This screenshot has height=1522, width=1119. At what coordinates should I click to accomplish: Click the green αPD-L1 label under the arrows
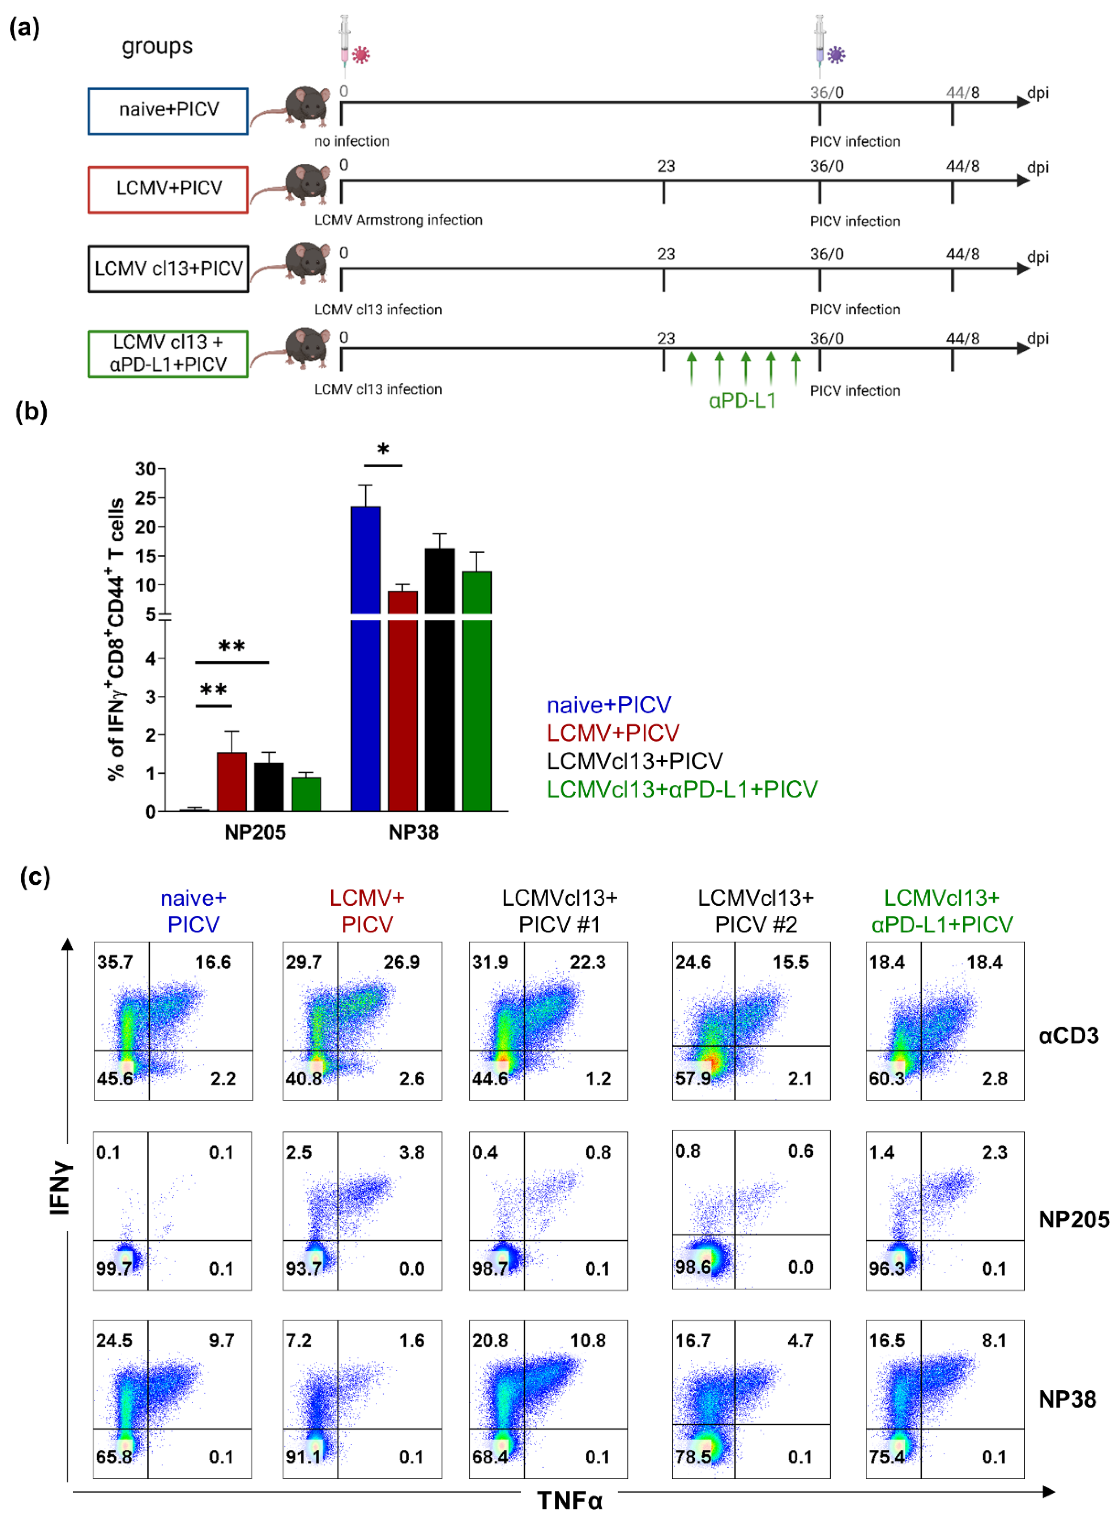coord(742,401)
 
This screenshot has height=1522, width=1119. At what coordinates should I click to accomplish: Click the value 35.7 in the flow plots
coord(115,962)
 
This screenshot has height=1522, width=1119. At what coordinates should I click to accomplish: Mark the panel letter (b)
coord(31,411)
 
